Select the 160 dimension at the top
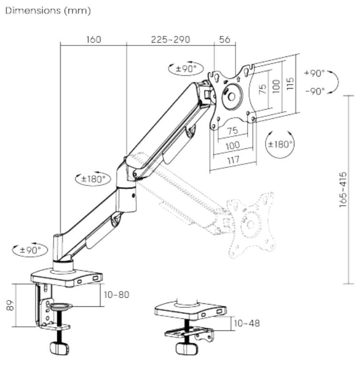click(93, 40)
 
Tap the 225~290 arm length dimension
click(170, 40)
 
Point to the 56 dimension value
click(225, 40)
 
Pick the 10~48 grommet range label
click(246, 323)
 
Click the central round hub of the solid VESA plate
click(231, 96)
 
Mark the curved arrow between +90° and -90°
click(335, 82)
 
